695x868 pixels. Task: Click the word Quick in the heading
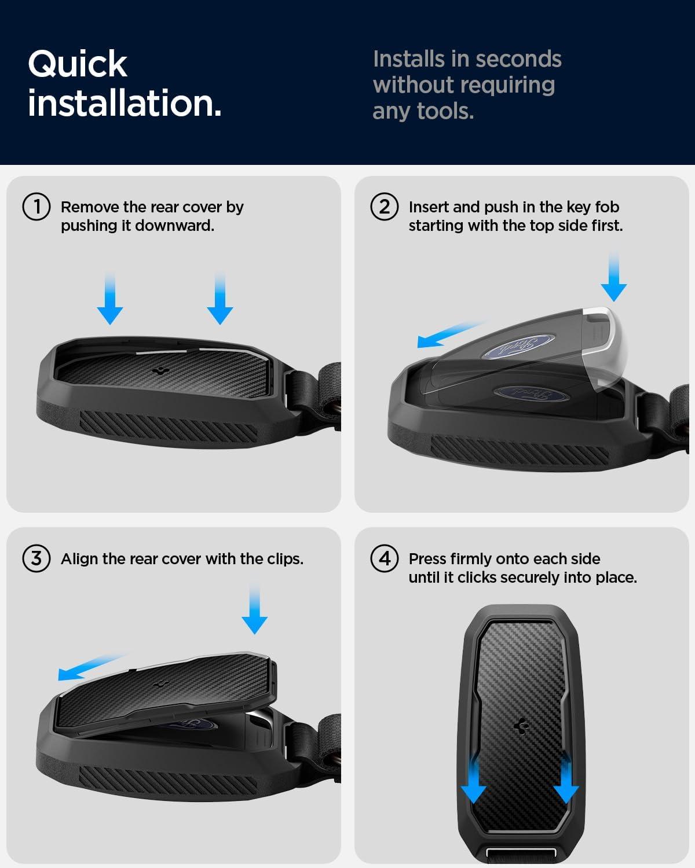pos(78,65)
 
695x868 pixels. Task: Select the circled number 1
pos(36,207)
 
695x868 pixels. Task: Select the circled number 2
pos(385,207)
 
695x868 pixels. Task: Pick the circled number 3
pos(36,558)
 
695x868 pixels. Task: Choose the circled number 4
pos(385,558)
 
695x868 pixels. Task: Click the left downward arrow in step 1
pos(110,299)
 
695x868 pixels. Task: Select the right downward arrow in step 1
pos(220,299)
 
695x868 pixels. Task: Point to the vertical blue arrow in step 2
pos(613,276)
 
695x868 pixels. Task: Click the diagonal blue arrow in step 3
pos(92,667)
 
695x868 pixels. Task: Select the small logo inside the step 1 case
pos(162,371)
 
